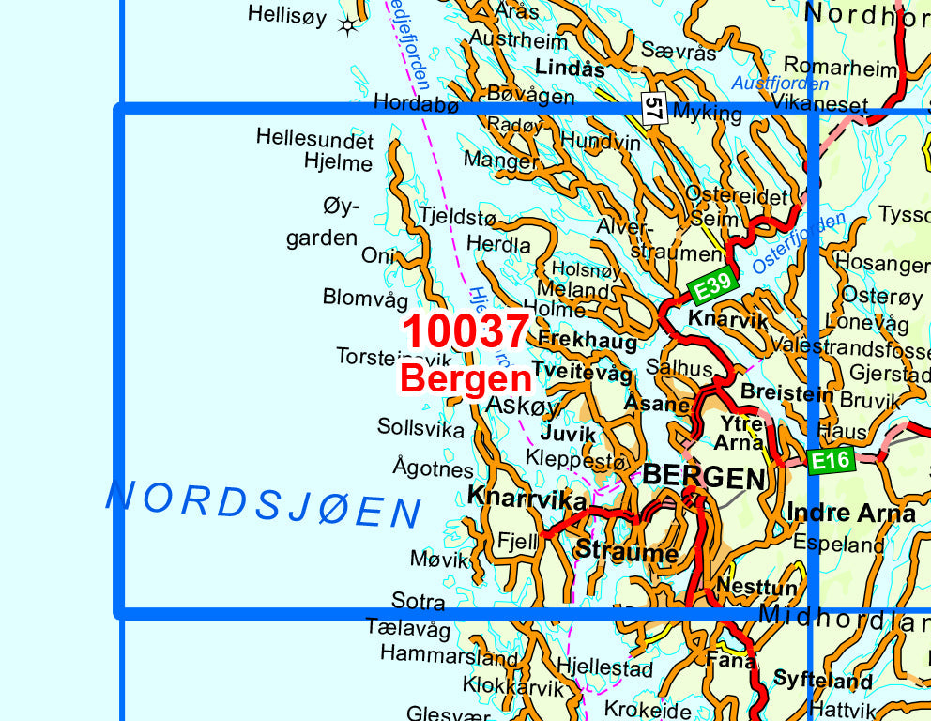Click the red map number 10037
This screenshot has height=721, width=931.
[466, 331]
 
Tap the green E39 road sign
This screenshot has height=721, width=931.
[713, 285]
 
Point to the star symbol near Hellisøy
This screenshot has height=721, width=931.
[348, 25]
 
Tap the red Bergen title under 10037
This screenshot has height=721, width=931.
[465, 379]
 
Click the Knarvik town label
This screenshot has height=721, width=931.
[727, 319]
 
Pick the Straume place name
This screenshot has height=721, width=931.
[627, 552]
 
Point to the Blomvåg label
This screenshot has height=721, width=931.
[366, 299]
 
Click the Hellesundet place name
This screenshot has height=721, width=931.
[314, 140]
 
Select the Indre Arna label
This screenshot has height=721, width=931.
[850, 513]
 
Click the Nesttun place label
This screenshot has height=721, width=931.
[756, 586]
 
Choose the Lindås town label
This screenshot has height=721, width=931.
[570, 68]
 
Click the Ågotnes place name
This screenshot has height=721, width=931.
[433, 468]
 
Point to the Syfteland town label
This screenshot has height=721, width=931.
[823, 681]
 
